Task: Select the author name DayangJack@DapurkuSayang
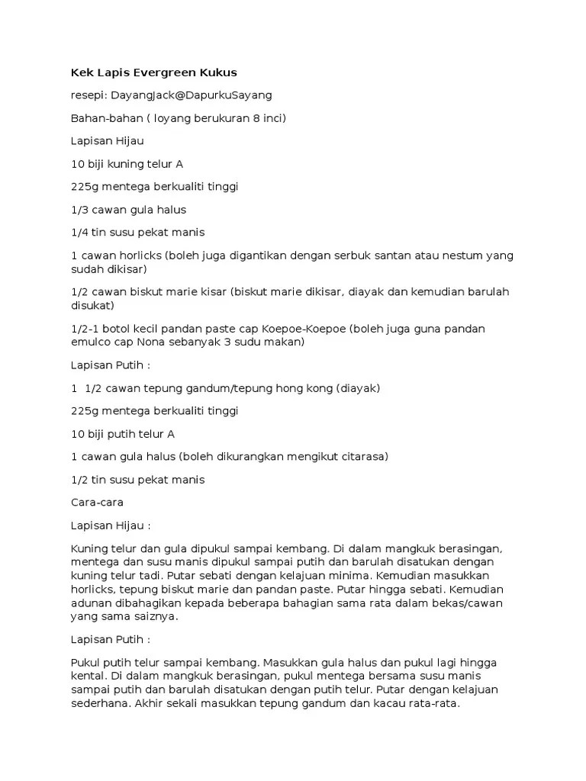coord(192,95)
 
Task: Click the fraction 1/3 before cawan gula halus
coord(79,210)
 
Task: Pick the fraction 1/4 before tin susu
coord(79,233)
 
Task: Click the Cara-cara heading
coord(97,503)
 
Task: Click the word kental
coord(88,676)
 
